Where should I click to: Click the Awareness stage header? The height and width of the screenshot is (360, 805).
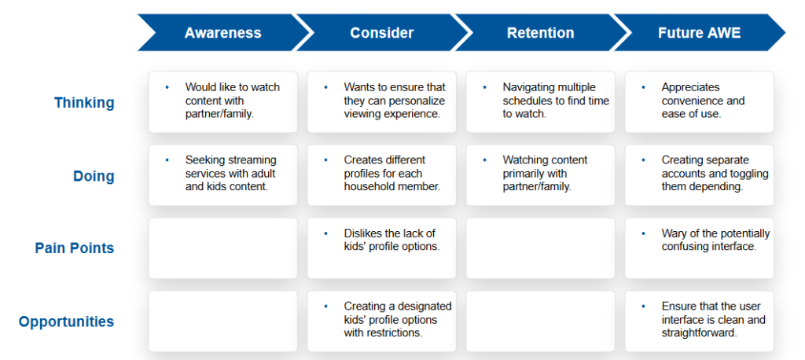(222, 33)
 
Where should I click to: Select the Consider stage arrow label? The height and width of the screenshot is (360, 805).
(381, 33)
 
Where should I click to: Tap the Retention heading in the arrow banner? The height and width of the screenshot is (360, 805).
(540, 33)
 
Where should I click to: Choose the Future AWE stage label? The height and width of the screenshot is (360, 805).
(699, 33)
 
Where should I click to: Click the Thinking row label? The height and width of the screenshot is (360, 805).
(85, 103)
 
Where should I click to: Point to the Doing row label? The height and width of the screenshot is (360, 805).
(94, 176)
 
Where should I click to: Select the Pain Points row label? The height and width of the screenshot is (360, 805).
(75, 248)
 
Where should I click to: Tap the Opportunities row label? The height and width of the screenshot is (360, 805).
(67, 322)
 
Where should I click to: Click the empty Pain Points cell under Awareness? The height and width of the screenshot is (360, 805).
(222, 248)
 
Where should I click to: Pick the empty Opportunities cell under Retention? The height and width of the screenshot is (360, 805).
(540, 321)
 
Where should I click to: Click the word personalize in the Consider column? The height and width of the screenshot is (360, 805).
(420, 101)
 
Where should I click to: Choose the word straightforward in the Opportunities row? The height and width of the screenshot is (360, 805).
(700, 332)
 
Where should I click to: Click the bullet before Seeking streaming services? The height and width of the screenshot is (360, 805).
(167, 160)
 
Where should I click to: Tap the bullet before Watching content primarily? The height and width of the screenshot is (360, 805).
(484, 160)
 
